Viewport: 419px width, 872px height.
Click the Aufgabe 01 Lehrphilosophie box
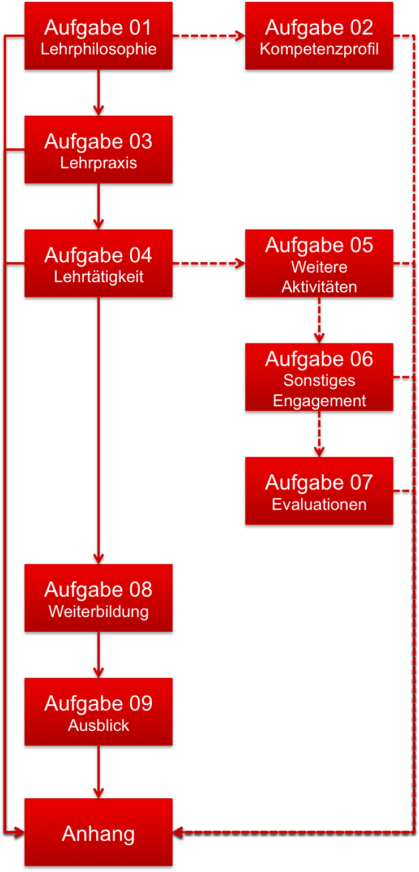(99, 36)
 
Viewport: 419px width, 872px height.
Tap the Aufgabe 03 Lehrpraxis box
(99, 150)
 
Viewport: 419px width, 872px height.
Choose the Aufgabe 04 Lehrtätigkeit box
(99, 263)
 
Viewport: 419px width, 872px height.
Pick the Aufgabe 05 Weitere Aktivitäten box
(319, 263)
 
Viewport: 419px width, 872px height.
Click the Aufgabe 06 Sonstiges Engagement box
(319, 377)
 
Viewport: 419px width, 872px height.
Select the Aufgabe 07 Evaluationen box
(319, 491)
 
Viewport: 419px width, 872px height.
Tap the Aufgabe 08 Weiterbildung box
(99, 598)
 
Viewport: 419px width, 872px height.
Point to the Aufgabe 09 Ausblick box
(99, 712)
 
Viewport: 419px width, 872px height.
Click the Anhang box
(99, 832)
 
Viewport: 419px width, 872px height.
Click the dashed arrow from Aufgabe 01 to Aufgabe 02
(208, 36)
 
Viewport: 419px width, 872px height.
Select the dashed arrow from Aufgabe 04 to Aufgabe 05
(208, 263)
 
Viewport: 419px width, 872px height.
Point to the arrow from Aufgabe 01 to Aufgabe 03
(99, 92)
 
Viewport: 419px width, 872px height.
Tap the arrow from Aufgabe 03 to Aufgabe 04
(99, 206)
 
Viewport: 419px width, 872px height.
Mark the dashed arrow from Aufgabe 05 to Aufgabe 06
(319, 320)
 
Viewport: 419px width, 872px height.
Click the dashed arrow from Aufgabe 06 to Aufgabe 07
(319, 433)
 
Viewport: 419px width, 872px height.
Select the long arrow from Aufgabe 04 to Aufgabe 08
(99, 431)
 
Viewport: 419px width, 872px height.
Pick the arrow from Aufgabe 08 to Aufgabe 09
(99, 654)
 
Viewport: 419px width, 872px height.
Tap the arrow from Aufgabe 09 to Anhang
(99, 771)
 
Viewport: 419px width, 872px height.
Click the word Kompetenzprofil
(319, 49)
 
